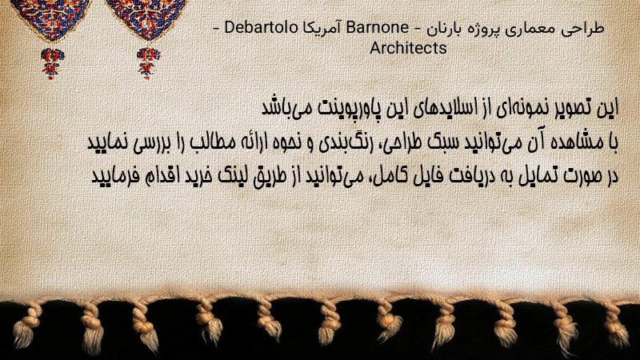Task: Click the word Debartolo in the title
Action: click(x=262, y=27)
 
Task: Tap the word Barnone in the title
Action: click(x=377, y=27)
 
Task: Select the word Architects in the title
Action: click(x=408, y=48)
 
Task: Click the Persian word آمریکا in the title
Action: click(x=322, y=28)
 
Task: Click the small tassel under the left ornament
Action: click(x=52, y=63)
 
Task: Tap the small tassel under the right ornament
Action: click(x=148, y=63)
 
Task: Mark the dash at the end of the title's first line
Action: click(x=216, y=28)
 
